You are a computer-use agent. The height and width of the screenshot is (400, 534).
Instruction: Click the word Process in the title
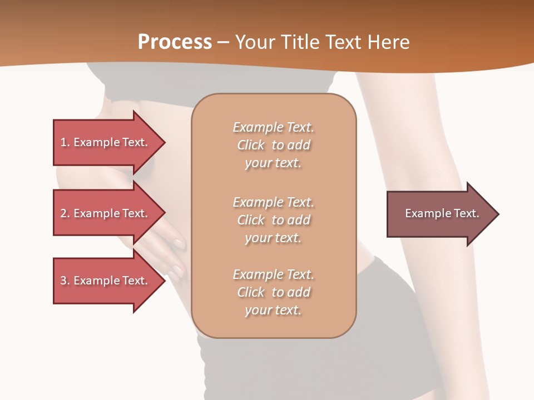[x=175, y=42]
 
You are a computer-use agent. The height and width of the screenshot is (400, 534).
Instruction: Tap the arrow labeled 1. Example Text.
[x=106, y=142]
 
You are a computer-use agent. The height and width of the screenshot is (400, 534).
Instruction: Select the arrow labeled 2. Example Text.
[x=106, y=213]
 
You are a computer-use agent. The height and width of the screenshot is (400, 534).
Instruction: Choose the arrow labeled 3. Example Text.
[x=106, y=281]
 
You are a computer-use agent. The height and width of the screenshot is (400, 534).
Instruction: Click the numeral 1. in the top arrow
[x=65, y=142]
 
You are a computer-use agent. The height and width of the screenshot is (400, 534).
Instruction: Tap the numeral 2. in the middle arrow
[x=65, y=213]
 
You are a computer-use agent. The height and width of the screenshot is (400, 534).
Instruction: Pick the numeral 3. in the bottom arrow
[x=65, y=281]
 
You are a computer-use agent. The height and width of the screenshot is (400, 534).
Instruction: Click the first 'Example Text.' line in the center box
[x=273, y=127]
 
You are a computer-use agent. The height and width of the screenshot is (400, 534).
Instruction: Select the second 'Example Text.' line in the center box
[x=273, y=202]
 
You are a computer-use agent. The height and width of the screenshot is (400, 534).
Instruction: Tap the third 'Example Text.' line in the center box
[x=273, y=274]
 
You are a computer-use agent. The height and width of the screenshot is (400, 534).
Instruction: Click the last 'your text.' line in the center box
[x=273, y=311]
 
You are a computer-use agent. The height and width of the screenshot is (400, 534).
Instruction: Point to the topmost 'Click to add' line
[x=273, y=146]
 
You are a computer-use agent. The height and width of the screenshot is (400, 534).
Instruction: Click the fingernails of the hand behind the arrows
[x=179, y=243]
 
